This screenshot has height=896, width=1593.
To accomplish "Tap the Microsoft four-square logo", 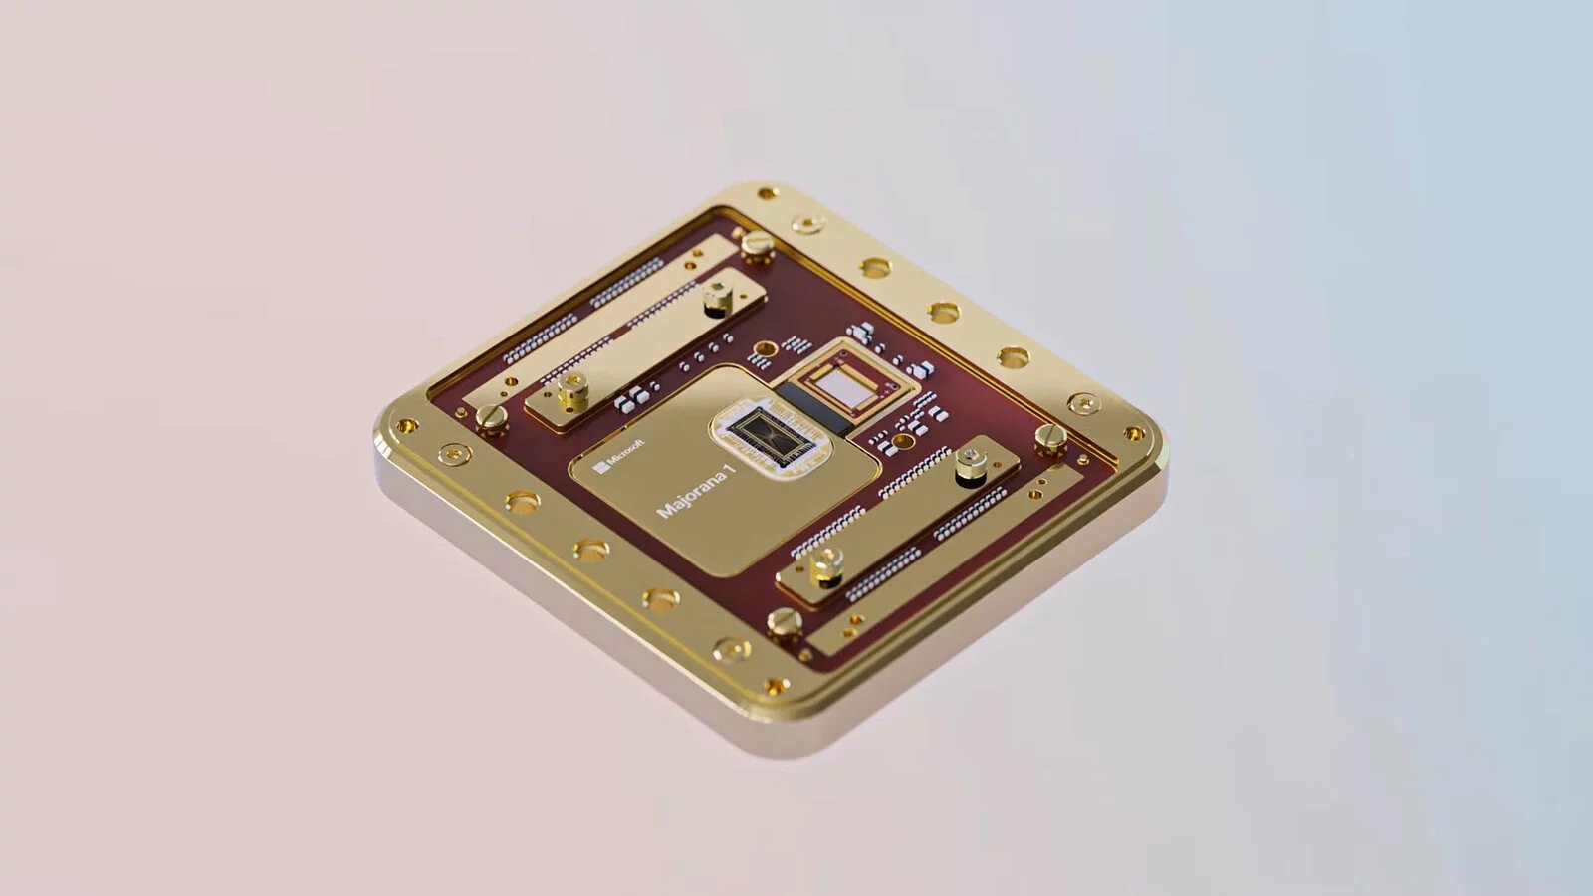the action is (x=601, y=467).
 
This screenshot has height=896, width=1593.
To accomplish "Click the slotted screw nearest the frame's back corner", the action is (x=757, y=242).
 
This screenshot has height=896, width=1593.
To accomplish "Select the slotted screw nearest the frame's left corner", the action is (x=492, y=416).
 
